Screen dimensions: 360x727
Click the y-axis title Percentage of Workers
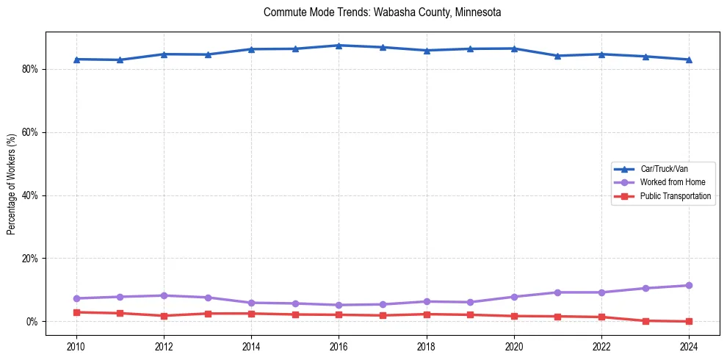point(12,184)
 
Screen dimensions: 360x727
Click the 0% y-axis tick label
point(32,322)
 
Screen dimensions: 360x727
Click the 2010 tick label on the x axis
point(76,346)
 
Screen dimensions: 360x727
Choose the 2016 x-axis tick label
point(339,346)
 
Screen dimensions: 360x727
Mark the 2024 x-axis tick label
point(689,346)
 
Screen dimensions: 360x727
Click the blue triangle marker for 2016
point(339,46)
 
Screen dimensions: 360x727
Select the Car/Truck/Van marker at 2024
point(689,60)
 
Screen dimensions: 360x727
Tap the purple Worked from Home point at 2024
point(689,285)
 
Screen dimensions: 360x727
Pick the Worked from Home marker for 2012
point(164,295)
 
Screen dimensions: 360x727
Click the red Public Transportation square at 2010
point(76,312)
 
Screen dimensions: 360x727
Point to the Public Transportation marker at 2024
point(689,321)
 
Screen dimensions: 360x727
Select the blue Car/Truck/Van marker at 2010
point(76,59)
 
